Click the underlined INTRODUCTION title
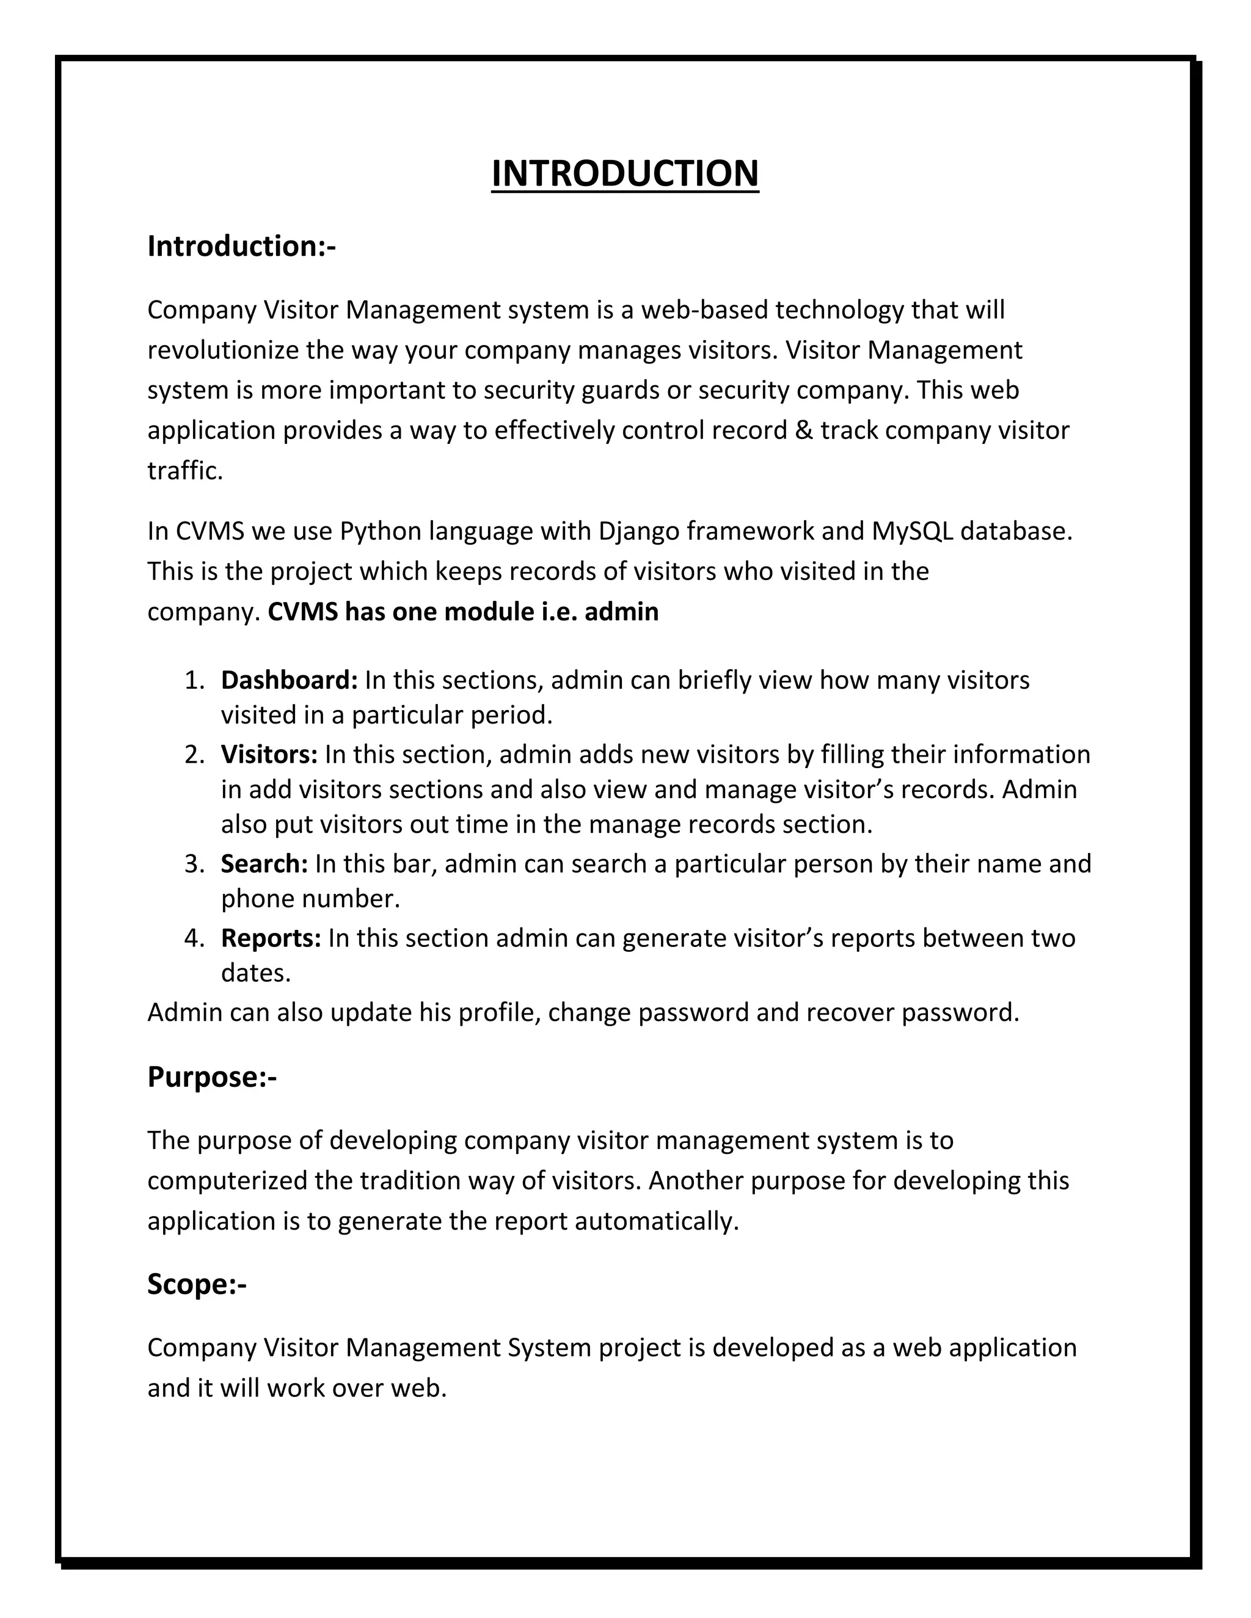625,173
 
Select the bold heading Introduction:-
241,246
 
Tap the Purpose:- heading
212,1076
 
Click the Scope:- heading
197,1284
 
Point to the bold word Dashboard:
289,680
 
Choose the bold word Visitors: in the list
269,754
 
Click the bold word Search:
264,863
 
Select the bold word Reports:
271,938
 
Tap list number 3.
194,864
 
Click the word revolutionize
223,350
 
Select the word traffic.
184,470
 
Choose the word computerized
227,1180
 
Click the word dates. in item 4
256,973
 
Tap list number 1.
194,680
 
